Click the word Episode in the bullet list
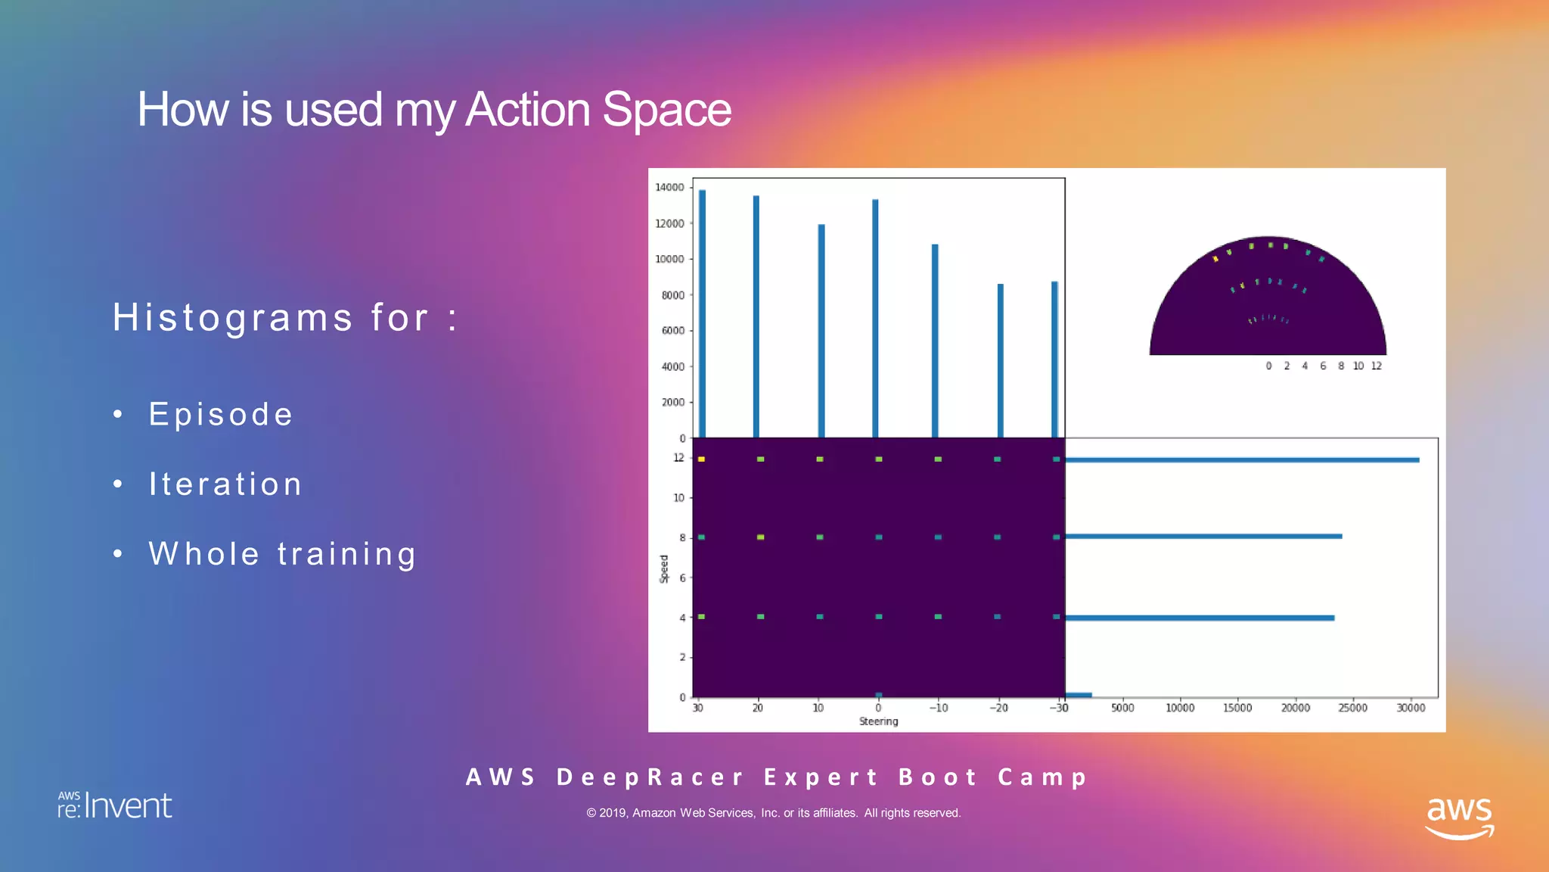(221, 414)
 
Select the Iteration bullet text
(225, 484)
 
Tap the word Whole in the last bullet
(203, 554)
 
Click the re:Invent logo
(115, 806)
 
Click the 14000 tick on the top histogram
(669, 187)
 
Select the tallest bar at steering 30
(702, 313)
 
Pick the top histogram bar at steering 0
(875, 318)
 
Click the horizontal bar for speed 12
(1241, 459)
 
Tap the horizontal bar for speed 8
(1203, 536)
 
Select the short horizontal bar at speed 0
(1078, 694)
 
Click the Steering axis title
(878, 721)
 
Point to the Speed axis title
(664, 568)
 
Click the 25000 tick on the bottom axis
(1352, 708)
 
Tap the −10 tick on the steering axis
(938, 708)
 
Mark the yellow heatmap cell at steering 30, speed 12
(701, 459)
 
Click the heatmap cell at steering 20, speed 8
(760, 537)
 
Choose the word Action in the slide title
(527, 110)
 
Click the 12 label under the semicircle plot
(1376, 366)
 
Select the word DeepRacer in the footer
(650, 777)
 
